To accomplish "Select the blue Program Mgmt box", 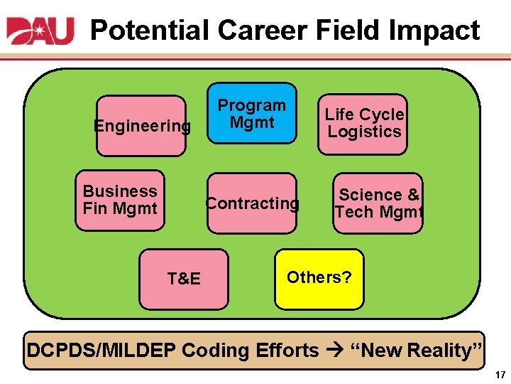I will tap(252, 114).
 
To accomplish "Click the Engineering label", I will tap(143, 127).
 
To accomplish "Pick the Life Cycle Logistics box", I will tap(363, 124).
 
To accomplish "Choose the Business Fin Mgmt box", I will tap(120, 200).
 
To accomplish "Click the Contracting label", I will tap(252, 203).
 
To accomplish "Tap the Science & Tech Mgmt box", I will tap(378, 203).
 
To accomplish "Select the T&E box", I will tap(184, 279).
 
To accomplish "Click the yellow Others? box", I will tap(319, 277).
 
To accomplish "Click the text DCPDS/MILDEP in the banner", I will tap(101, 351).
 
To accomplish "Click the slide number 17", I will tap(500, 374).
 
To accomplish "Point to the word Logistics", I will tap(364, 132).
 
